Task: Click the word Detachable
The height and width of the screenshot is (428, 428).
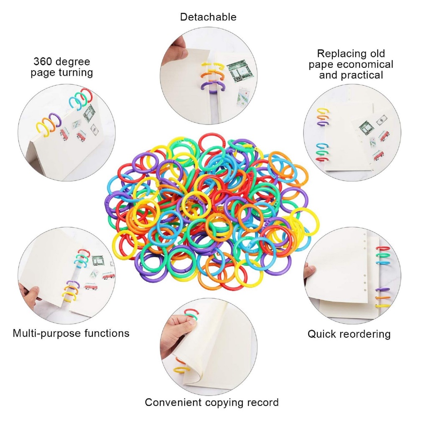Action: pyautogui.click(x=208, y=17)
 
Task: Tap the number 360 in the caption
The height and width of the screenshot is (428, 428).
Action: pyautogui.click(x=42, y=61)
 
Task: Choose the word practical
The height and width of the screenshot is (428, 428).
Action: pyautogui.click(x=360, y=75)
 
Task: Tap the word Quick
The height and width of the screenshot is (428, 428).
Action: pyautogui.click(x=320, y=334)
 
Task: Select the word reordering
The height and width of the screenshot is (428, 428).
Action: pyautogui.click(x=363, y=334)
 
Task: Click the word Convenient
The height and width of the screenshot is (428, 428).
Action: pyautogui.click(x=173, y=403)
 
